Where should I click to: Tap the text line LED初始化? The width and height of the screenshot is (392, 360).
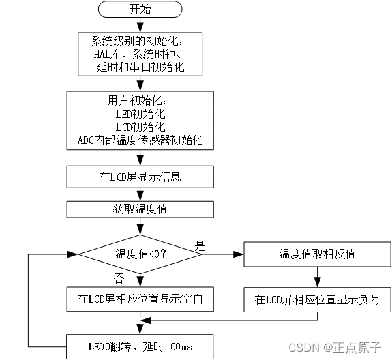tap(140, 113)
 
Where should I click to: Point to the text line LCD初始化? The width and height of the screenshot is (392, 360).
tap(140, 127)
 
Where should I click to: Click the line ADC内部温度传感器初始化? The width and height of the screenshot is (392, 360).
tap(140, 141)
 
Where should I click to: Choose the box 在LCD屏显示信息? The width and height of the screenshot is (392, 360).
tap(140, 177)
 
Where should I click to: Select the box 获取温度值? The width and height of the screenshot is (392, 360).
tap(140, 209)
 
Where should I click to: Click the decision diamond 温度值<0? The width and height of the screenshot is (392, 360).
tap(140, 254)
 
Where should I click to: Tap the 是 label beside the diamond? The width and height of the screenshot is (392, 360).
tap(200, 245)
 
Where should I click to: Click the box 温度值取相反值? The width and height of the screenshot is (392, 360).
tap(317, 254)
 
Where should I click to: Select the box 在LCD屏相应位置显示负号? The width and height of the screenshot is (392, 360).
tap(317, 298)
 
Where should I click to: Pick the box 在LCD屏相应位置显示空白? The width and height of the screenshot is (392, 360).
tap(140, 298)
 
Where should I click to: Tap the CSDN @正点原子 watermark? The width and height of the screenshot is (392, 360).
tap(334, 348)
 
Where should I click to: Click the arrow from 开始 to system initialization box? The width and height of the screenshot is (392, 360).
tap(140, 25)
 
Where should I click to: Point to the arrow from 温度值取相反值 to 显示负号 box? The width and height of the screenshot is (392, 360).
tap(317, 276)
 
